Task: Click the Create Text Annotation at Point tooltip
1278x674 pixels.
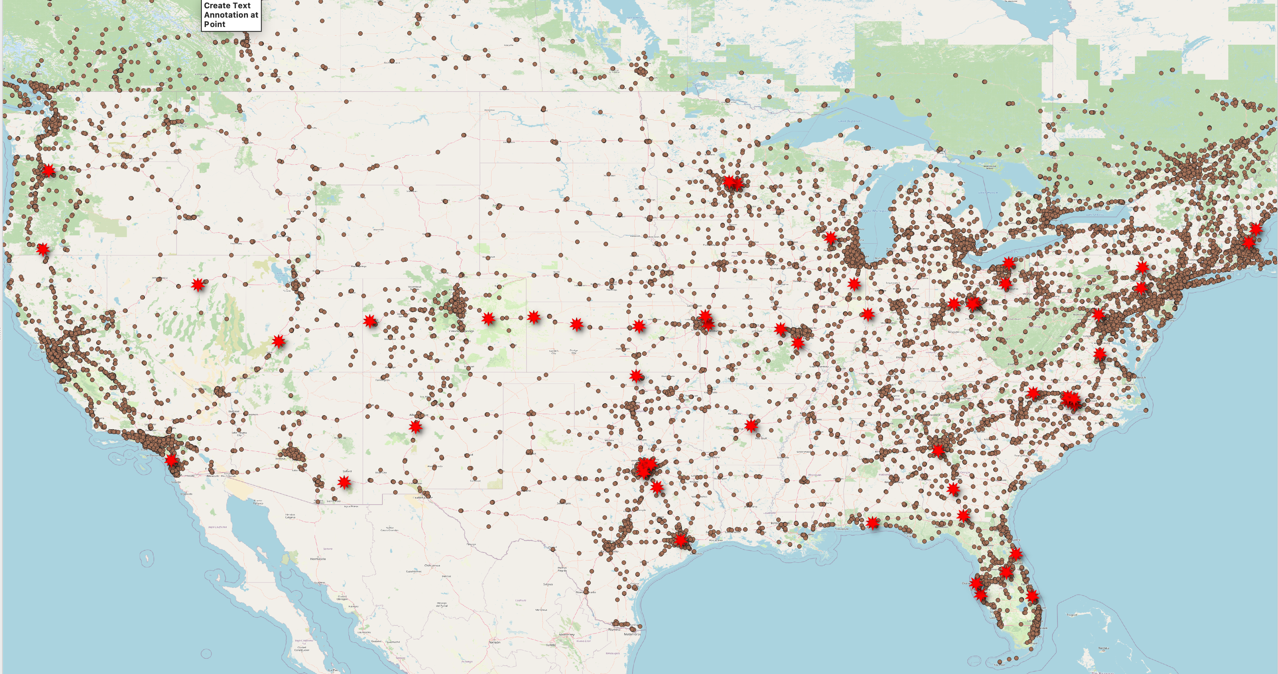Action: [x=231, y=15]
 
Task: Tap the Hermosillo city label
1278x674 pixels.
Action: [x=318, y=559]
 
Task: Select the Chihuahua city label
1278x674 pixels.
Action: [x=432, y=565]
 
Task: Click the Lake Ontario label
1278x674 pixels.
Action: [x=1095, y=215]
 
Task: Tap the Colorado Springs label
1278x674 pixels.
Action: [x=461, y=331]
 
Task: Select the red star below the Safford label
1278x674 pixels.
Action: [x=344, y=482]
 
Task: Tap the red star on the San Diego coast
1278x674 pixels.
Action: [x=171, y=460]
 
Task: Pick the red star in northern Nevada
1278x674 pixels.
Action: [x=198, y=284]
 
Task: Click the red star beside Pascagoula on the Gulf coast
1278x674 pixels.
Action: [x=873, y=523]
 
